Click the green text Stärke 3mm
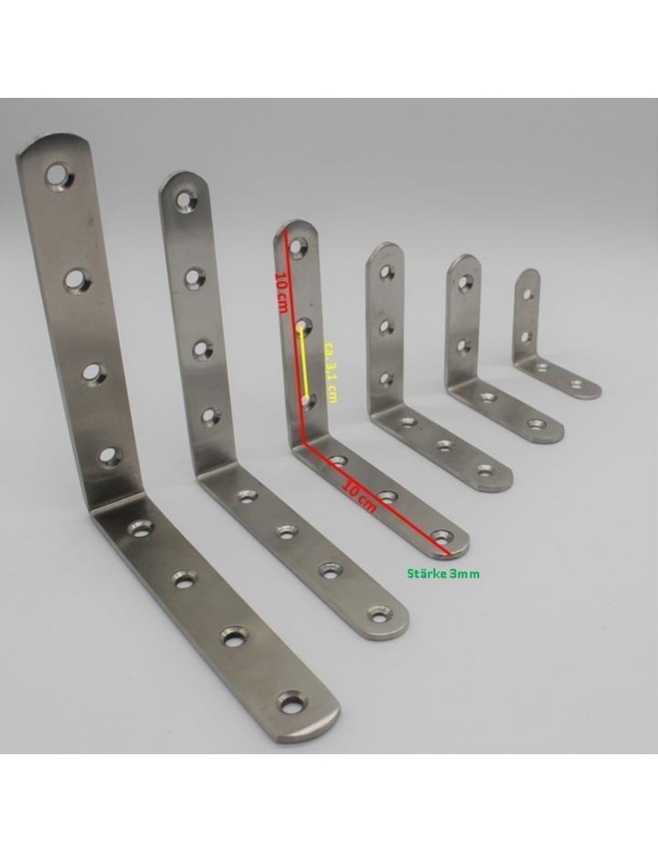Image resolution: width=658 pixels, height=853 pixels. tap(443, 573)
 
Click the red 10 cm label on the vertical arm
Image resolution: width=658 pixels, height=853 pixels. tap(281, 292)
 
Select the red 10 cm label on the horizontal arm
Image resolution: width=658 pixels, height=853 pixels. tap(359, 496)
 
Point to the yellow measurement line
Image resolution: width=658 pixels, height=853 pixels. tap(304, 364)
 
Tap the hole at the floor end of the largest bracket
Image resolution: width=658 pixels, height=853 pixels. tap(292, 702)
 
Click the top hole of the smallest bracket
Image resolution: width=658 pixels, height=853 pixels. tap(527, 295)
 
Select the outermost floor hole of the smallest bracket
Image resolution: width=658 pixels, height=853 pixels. tap(577, 385)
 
